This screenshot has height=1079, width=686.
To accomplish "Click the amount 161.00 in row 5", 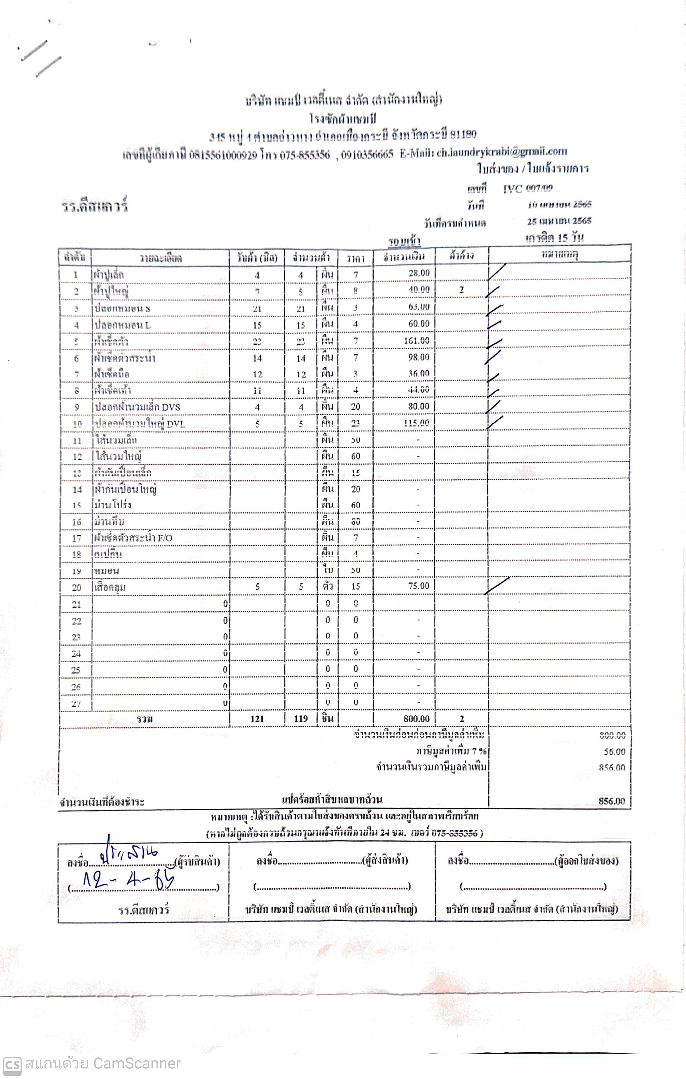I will (x=416, y=341).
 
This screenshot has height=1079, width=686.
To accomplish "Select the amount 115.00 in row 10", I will (x=416, y=423).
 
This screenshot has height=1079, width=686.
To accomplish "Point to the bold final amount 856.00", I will (x=611, y=801).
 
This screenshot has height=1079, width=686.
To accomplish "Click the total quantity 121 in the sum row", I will (x=257, y=719).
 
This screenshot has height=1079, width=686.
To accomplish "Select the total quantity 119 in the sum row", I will (x=301, y=719).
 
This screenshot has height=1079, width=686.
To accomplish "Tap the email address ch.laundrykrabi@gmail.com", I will (x=502, y=152).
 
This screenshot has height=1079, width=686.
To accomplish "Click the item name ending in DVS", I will (x=137, y=407).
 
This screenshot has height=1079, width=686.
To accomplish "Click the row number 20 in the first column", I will (x=77, y=587).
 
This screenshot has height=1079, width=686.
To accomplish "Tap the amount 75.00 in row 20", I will (x=419, y=586).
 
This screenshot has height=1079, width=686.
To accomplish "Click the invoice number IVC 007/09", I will (x=527, y=188).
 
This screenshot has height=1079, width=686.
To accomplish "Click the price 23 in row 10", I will (x=356, y=423).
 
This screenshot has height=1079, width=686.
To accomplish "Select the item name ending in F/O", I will (x=133, y=538).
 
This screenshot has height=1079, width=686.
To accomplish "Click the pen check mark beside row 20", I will (x=497, y=586).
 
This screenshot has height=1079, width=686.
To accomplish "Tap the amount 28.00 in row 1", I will (x=419, y=273).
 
